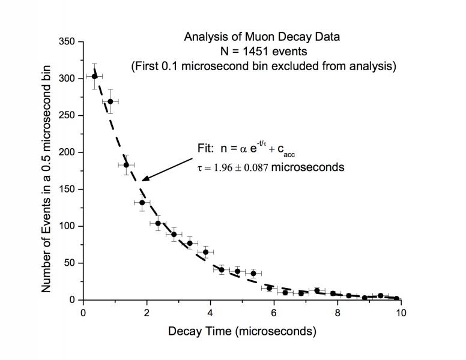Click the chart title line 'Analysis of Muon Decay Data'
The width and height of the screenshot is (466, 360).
261,37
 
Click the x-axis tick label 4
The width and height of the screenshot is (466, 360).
210,313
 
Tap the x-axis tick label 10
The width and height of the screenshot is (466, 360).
401,313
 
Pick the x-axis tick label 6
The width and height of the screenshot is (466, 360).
274,313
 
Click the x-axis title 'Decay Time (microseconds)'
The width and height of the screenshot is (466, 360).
242,331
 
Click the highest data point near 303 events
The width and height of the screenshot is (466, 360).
94,76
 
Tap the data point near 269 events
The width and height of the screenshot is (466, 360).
110,101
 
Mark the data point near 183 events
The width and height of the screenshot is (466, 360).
126,165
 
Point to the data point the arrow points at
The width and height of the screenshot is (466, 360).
142,202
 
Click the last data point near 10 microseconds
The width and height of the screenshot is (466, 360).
396,298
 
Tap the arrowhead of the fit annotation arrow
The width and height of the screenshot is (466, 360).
145,178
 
